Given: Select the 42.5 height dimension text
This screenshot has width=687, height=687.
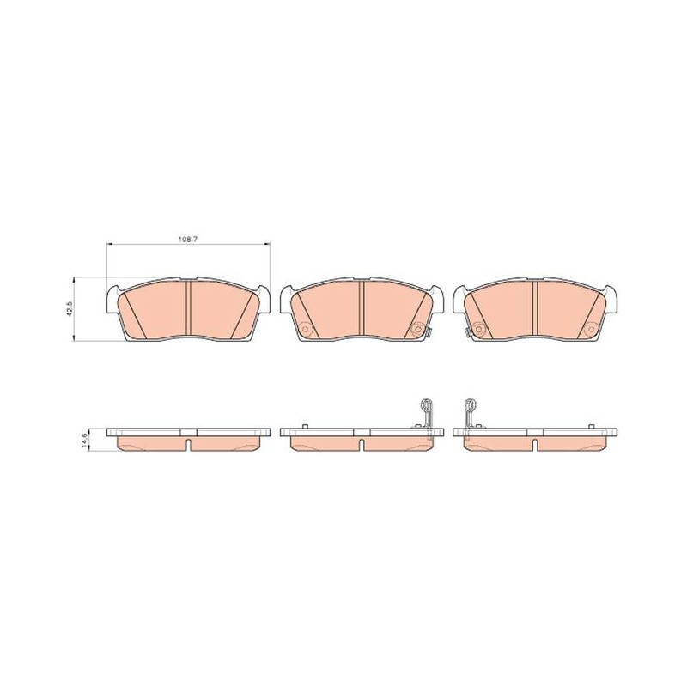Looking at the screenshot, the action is coord(70,309).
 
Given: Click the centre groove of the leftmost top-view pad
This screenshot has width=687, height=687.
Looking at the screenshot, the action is coord(189,308).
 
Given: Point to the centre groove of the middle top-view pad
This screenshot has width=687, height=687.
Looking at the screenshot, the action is coord(362,308).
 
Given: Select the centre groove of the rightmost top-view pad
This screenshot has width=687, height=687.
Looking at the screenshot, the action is coord(534,308).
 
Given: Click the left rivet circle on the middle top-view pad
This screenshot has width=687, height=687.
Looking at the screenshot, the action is coord(306,329).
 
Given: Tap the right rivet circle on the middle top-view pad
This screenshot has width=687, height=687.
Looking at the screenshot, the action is coord(418,329).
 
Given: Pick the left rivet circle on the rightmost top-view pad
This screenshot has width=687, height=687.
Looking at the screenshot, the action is coord(478,329).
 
